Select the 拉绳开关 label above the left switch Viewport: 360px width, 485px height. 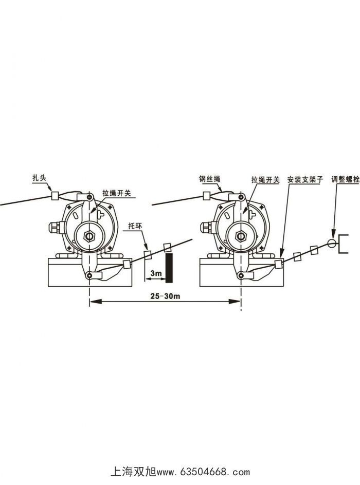tap(117, 193)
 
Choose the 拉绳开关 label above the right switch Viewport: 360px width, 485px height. tap(265, 180)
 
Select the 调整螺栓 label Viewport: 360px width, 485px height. tap(345, 180)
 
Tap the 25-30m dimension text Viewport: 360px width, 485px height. tap(165, 296)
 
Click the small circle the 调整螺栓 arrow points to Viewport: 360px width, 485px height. tap(332, 242)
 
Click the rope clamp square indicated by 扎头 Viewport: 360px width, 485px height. tap(55, 195)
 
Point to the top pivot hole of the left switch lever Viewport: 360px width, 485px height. tap(90, 198)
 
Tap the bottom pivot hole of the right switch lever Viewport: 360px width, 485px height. tap(240, 276)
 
